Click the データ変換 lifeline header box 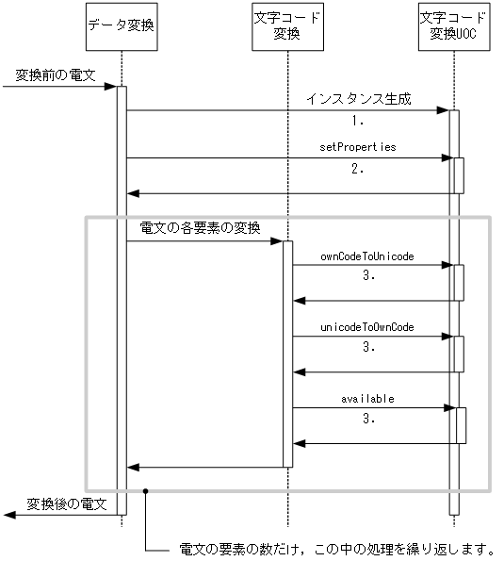pos(121,33)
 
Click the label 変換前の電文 pos(55,74)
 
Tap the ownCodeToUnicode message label pos(367,256)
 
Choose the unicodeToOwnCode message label pos(367,327)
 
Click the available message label pos(367,399)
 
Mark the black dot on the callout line pos(146,491)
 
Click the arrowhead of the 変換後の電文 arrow pos(8,514)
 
